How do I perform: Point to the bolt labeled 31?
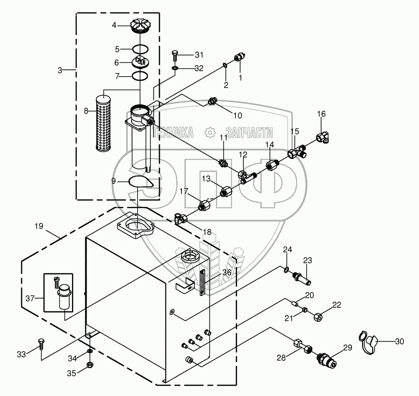point(175,55)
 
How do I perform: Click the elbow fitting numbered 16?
point(323,137)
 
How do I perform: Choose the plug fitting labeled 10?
point(211,101)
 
